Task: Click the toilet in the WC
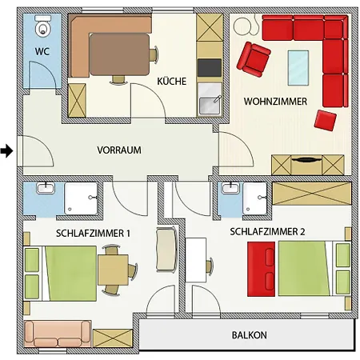[x=43, y=26]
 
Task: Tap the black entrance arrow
[x=6, y=151]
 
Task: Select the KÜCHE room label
[x=171, y=81]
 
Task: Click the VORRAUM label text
[x=119, y=150]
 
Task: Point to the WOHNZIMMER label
[x=275, y=102]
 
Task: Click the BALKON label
[x=249, y=335]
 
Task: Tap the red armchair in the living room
[x=254, y=59]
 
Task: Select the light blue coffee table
[x=298, y=68]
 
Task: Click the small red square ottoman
[x=325, y=120]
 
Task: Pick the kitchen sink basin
[x=210, y=106]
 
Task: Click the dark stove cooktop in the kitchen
[x=210, y=68]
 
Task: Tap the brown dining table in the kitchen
[x=119, y=54]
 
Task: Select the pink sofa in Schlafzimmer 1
[x=58, y=334]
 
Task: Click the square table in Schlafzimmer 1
[x=113, y=270]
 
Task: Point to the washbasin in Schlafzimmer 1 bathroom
[x=46, y=188]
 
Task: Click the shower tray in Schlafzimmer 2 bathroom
[x=254, y=198]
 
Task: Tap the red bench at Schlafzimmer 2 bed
[x=261, y=269]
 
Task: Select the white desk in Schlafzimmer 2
[x=196, y=260]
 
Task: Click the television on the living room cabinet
[x=306, y=160]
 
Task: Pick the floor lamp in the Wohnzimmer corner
[x=246, y=26]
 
